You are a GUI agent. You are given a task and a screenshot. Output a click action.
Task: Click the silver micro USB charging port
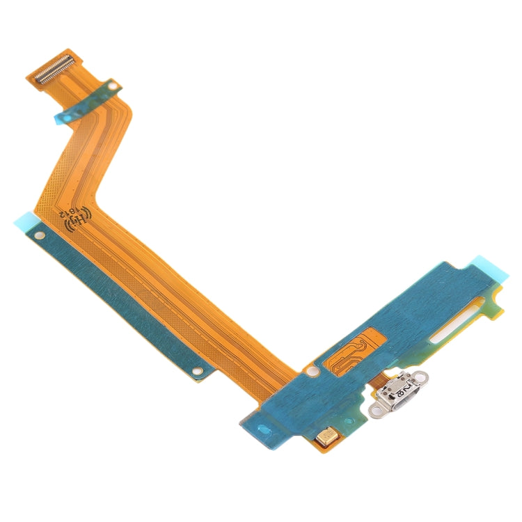[400, 394]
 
